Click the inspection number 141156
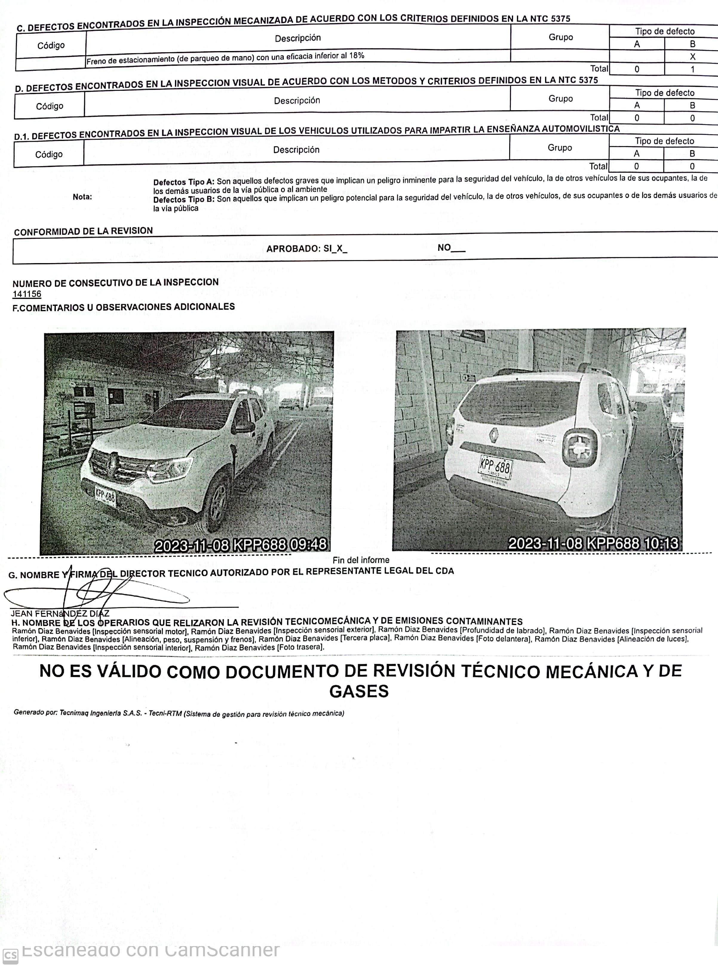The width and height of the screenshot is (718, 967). tap(27, 294)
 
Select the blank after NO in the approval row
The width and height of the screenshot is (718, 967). tap(458, 249)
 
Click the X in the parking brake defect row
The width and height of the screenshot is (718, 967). tap(692, 56)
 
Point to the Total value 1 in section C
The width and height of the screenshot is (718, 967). tap(692, 69)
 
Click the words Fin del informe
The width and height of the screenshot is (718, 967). tap(361, 560)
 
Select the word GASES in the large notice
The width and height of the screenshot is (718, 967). tap(359, 691)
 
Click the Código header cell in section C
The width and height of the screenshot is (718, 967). tap(51, 45)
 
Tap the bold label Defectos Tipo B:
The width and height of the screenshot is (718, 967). tap(184, 200)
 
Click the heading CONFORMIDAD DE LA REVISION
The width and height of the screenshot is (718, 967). tap(83, 231)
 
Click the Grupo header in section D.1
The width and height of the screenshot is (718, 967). tap(559, 148)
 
